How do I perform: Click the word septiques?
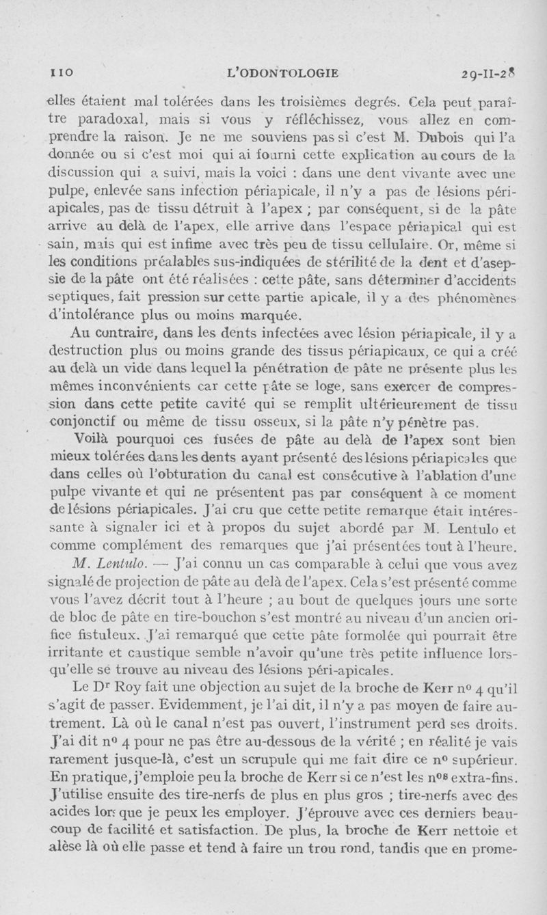(79, 298)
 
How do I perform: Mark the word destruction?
(90, 353)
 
